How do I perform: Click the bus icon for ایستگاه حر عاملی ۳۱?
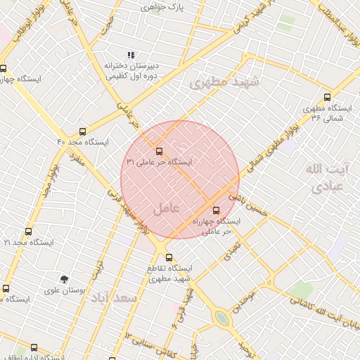[x=158, y=151]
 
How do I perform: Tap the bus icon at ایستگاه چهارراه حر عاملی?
[x=216, y=210]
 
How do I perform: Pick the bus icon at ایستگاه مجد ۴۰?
[x=83, y=131]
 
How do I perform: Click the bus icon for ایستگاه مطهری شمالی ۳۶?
[x=327, y=98]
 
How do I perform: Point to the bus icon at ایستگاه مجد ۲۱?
[x=28, y=231]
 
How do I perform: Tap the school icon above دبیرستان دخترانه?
[x=130, y=55]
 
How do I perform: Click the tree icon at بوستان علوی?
[x=64, y=279]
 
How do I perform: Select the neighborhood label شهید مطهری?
[x=224, y=82]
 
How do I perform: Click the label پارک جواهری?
[x=161, y=7]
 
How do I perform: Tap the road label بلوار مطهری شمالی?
[x=268, y=147]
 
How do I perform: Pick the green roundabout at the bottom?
[x=222, y=319]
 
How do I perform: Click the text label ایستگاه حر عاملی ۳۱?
[x=159, y=162]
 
